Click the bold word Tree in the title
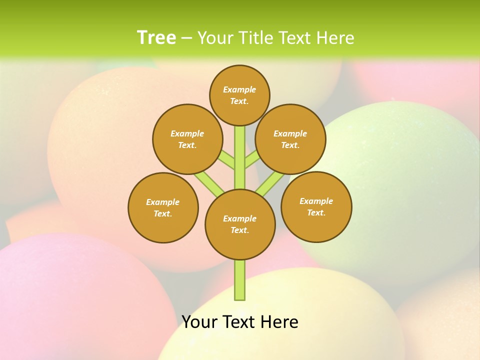(156, 38)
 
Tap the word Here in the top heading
(335, 38)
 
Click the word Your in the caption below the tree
(199, 322)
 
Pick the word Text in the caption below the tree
(239, 322)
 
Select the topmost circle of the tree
(239, 95)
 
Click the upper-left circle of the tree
(187, 139)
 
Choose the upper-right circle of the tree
(290, 139)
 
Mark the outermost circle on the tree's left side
(163, 207)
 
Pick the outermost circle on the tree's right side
(316, 206)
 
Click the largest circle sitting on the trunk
(240, 224)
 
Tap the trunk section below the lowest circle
(240, 280)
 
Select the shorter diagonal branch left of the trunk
(226, 160)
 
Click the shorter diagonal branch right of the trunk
(252, 160)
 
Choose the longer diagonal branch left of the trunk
(209, 182)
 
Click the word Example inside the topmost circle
(239, 89)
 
